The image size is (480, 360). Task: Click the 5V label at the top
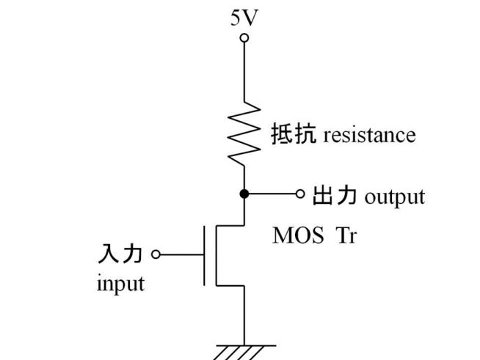(x=244, y=18)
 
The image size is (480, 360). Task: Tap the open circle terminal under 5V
(x=244, y=38)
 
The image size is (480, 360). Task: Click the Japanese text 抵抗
(x=293, y=135)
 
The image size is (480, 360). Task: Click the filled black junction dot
(x=244, y=194)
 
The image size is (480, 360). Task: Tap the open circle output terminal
(x=299, y=194)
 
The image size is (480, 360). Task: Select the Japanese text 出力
(x=334, y=196)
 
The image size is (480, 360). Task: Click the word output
(x=394, y=198)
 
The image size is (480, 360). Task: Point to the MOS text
(x=297, y=235)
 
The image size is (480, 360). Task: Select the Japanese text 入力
(x=120, y=254)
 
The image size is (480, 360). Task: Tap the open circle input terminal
(x=156, y=254)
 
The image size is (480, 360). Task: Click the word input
(x=120, y=283)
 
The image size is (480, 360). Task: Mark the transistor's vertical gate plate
(x=205, y=255)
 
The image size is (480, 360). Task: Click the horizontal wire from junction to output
(x=272, y=194)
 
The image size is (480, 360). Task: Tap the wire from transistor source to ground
(x=244, y=315)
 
